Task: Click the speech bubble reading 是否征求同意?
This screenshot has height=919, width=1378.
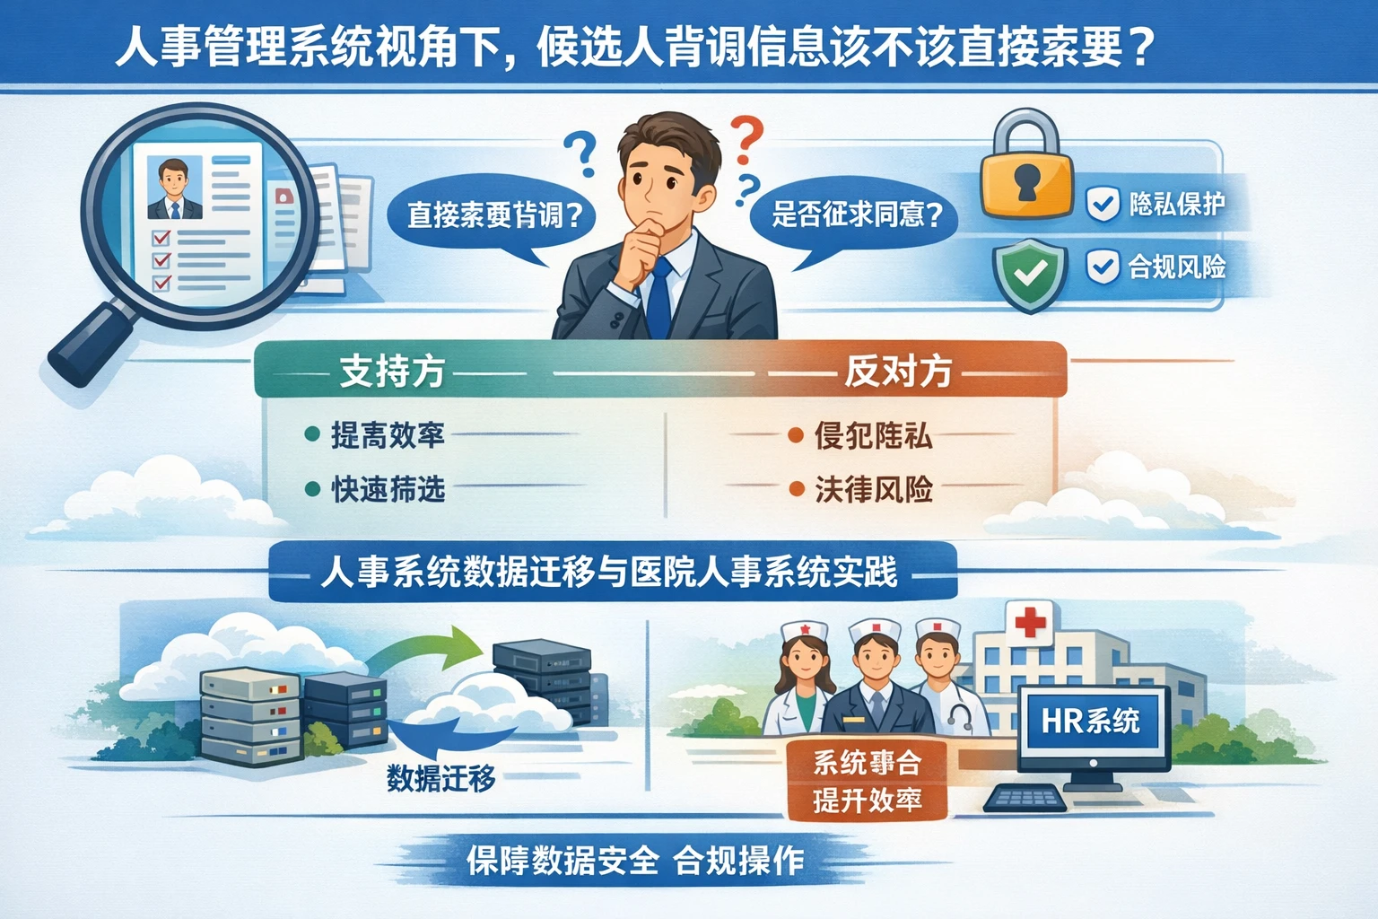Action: tap(856, 215)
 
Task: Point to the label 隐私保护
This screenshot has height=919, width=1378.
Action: tap(1176, 205)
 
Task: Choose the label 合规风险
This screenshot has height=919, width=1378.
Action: tap(1176, 267)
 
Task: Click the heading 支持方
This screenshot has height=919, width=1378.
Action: tap(392, 371)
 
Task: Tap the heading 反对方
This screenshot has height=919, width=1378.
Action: tap(897, 371)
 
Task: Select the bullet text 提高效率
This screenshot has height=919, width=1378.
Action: tap(388, 435)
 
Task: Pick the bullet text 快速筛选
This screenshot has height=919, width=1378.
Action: tap(388, 489)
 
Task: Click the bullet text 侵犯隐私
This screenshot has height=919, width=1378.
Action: tap(873, 436)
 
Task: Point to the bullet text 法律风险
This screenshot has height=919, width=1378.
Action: tap(873, 489)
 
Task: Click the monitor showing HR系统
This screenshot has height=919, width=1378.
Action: tap(1093, 723)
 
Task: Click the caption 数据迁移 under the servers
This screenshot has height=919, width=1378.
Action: tap(440, 777)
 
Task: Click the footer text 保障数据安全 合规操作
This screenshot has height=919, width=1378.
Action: tap(634, 861)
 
